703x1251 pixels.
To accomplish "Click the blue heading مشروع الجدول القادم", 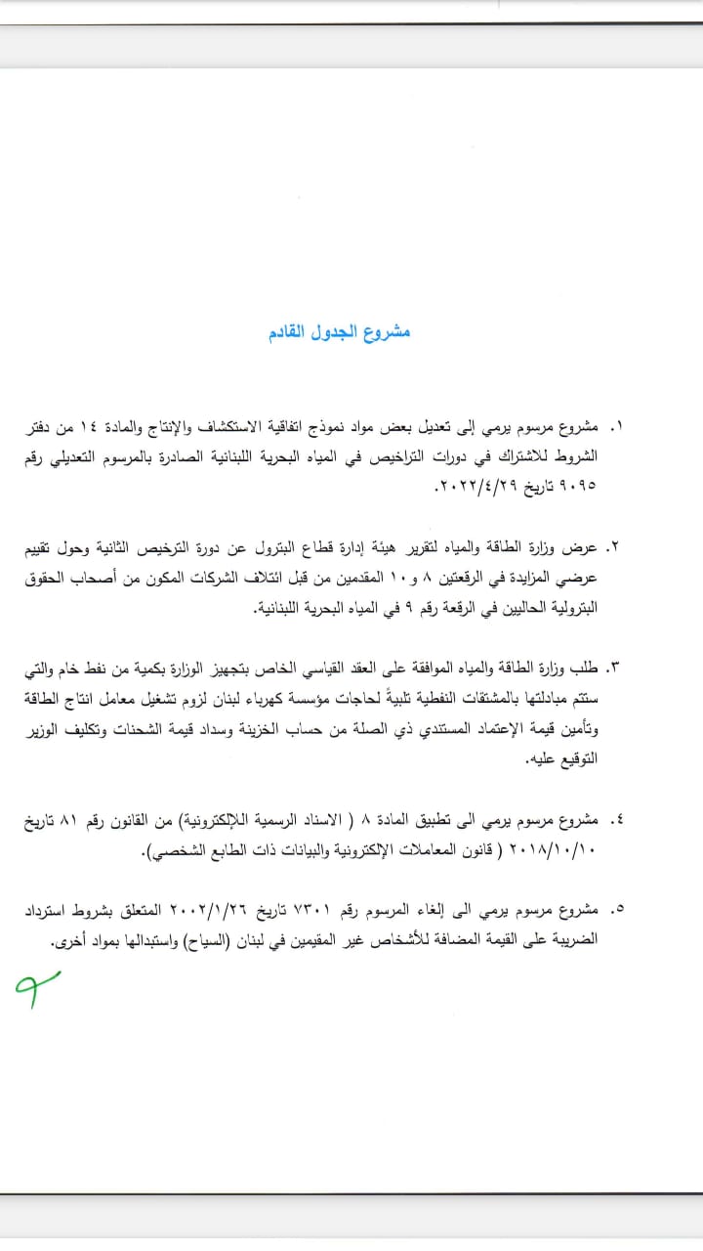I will point(339,332).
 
